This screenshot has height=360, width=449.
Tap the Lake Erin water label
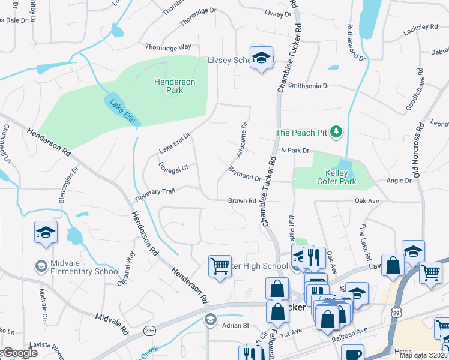[x=121, y=110]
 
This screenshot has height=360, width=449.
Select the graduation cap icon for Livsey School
[x=261, y=58]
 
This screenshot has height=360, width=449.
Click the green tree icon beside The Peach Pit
[x=337, y=131]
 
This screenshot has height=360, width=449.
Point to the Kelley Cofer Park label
[x=336, y=177]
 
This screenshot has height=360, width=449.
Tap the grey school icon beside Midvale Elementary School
[x=41, y=266]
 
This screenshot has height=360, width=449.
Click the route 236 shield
[x=148, y=331]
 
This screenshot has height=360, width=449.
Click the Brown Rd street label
[x=242, y=201]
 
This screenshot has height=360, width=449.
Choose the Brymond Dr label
[x=244, y=175]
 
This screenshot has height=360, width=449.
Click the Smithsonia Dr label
[x=309, y=86]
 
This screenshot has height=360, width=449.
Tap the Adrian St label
[x=237, y=326]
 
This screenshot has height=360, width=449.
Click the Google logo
[x=19, y=353]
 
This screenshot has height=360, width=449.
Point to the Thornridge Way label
[x=168, y=46]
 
